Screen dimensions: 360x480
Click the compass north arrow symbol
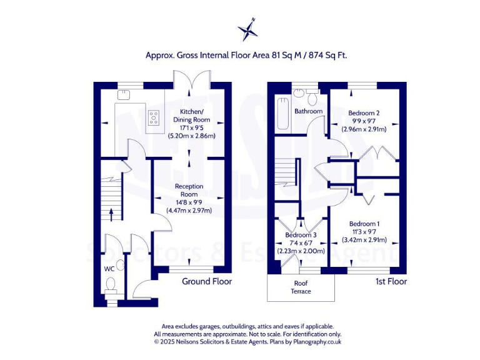tap(247, 30)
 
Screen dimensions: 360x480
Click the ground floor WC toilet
tap(111, 286)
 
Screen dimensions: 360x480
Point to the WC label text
tap(109, 269)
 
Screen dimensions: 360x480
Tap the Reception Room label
tap(189, 190)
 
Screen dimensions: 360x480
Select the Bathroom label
tap(309, 112)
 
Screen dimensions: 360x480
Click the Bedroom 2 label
tap(364, 113)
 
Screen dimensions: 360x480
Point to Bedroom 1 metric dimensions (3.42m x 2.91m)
tap(364, 240)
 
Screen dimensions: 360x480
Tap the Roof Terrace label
tap(302, 287)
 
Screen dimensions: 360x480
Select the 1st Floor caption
tap(391, 282)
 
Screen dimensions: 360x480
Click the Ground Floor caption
tap(206, 282)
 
